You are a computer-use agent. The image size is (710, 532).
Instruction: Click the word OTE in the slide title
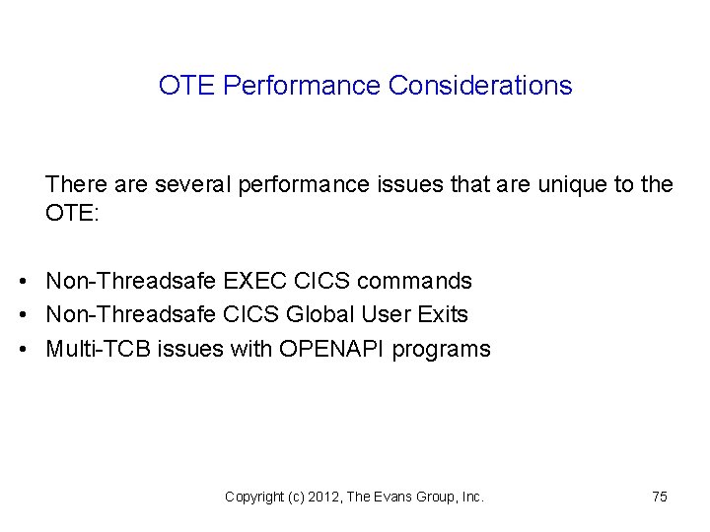187,86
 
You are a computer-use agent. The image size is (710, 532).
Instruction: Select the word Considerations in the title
480,86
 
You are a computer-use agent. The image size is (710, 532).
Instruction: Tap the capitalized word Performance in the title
302,86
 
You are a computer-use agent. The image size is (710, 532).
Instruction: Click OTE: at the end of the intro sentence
72,214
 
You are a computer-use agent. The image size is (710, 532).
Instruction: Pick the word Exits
443,315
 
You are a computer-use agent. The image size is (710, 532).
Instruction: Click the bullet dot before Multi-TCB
23,350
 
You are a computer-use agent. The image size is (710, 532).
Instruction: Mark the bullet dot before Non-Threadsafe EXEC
23,282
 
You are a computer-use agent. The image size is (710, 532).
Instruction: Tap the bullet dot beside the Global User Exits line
23,315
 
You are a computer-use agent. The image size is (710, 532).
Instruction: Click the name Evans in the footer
395,498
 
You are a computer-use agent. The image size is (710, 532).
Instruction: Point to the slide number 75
660,498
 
